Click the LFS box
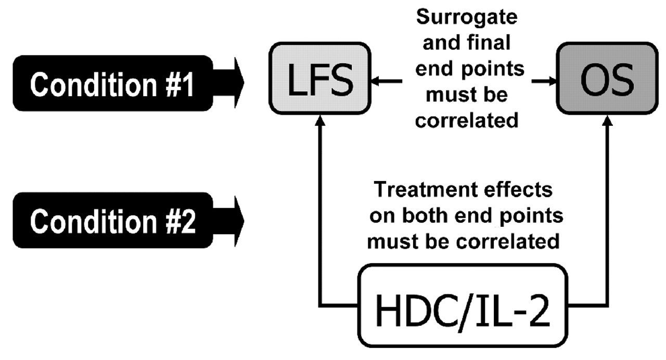(x=319, y=80)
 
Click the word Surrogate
(x=467, y=18)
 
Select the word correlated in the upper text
(x=467, y=120)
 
